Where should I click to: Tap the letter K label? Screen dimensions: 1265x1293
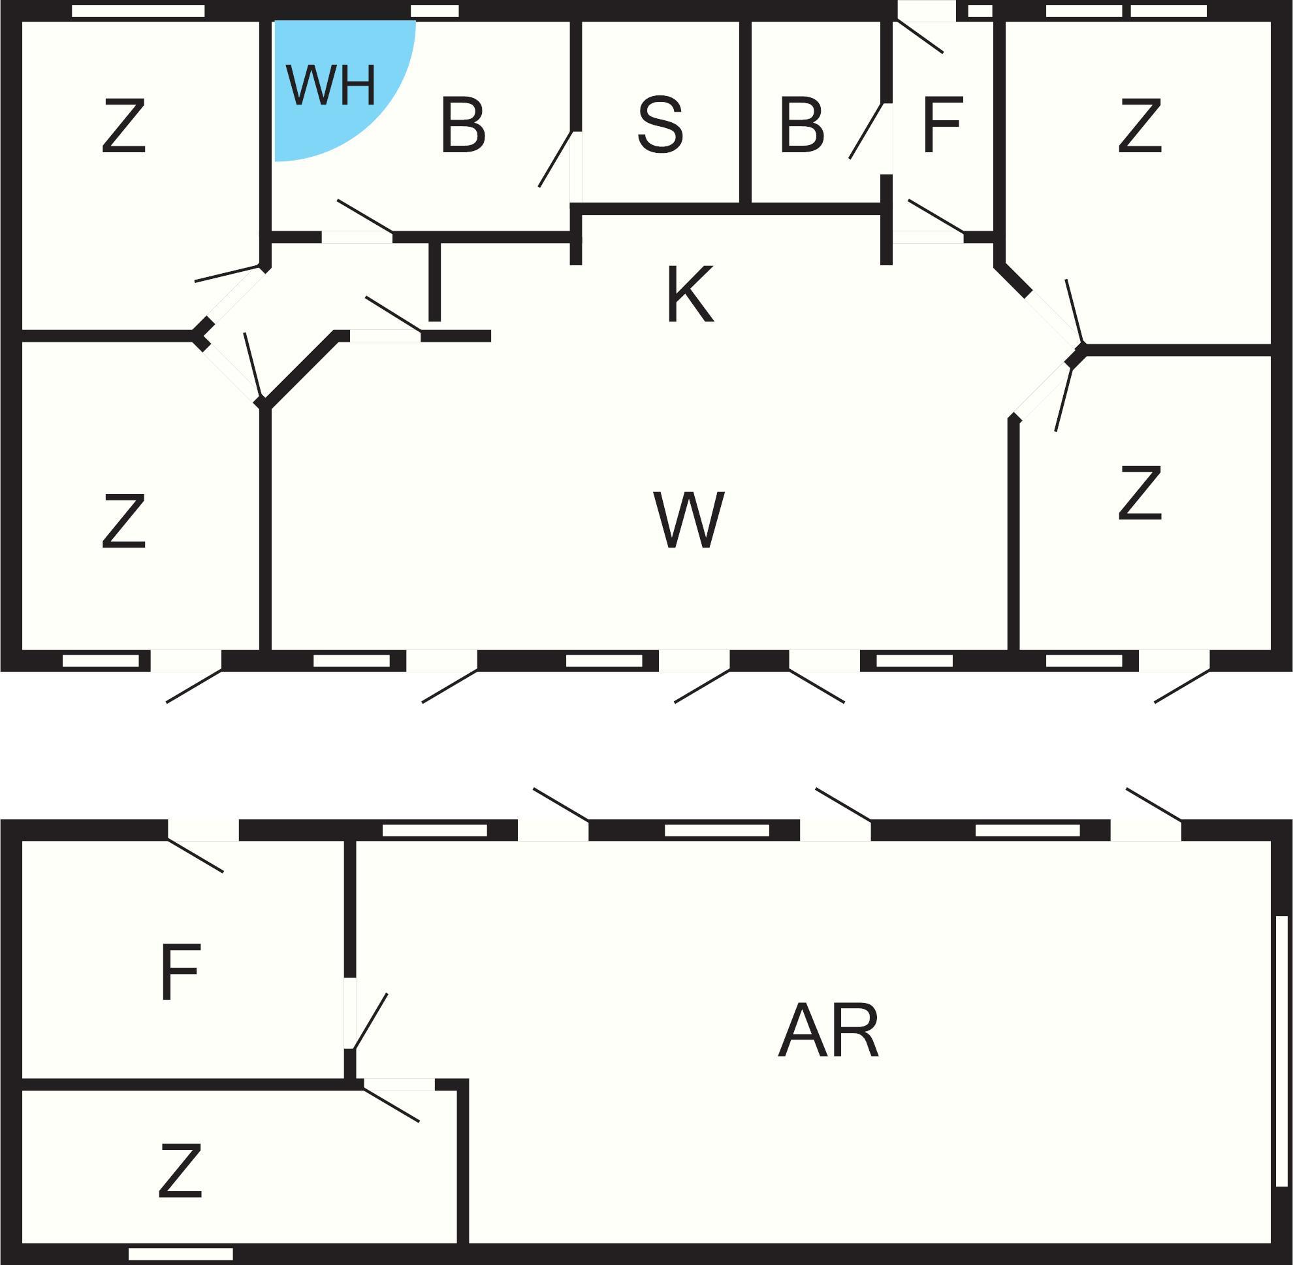[x=690, y=293]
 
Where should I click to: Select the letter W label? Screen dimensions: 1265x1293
[x=689, y=520]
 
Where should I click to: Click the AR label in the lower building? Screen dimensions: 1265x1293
[x=828, y=1030]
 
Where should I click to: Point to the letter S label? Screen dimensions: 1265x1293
[x=660, y=125]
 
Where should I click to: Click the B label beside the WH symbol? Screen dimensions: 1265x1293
[x=463, y=125]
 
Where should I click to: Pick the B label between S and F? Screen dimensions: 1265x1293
[x=801, y=125]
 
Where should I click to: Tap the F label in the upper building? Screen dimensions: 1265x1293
[x=942, y=125]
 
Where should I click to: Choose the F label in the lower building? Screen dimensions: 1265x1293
[x=180, y=972]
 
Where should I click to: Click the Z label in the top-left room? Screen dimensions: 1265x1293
[x=123, y=125]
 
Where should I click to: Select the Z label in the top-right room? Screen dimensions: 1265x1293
[x=1140, y=125]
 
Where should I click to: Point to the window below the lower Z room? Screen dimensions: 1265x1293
[x=181, y=1255]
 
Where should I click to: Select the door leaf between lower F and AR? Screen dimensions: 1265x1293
[x=370, y=1021]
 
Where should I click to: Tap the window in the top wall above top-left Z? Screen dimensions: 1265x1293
[x=138, y=11]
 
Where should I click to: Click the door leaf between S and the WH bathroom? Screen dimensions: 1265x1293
[x=555, y=159]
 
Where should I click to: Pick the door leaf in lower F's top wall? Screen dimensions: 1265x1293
[x=195, y=856]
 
